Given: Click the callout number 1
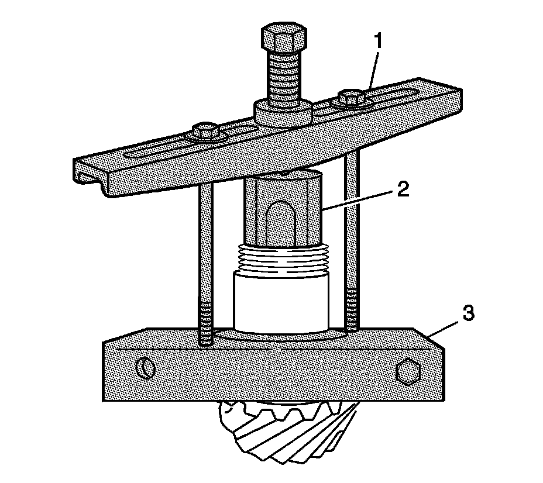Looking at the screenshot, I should coord(380,42).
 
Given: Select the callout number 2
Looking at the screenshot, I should coord(403,191).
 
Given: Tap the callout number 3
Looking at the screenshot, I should coord(468,313).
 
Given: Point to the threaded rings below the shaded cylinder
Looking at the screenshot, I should coord(283,259).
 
